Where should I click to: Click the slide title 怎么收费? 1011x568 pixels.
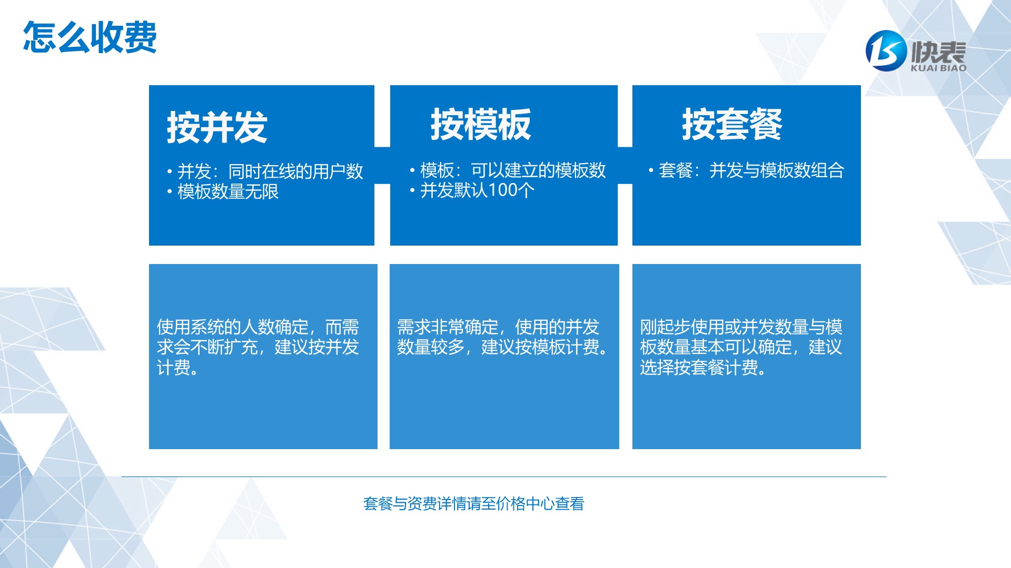point(90,37)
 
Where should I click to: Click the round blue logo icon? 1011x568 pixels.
point(886,50)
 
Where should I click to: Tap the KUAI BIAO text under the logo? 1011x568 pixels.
point(938,68)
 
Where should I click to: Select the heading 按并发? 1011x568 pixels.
point(217,127)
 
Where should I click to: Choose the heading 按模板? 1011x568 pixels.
point(481,125)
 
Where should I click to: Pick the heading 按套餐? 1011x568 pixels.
point(732,125)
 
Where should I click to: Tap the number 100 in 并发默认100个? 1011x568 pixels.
point(503,190)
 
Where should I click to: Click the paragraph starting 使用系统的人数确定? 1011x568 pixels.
point(258,347)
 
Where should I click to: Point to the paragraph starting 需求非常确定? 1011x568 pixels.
point(503,337)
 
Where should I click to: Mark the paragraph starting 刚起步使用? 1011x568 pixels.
point(741,347)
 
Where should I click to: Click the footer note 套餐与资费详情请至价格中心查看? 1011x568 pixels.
point(474,504)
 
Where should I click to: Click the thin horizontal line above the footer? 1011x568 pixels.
point(504,477)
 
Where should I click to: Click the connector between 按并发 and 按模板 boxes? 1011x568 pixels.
point(382,166)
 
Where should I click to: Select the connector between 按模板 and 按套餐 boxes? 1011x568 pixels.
point(625,166)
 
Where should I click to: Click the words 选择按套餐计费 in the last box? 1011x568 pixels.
point(698,368)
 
